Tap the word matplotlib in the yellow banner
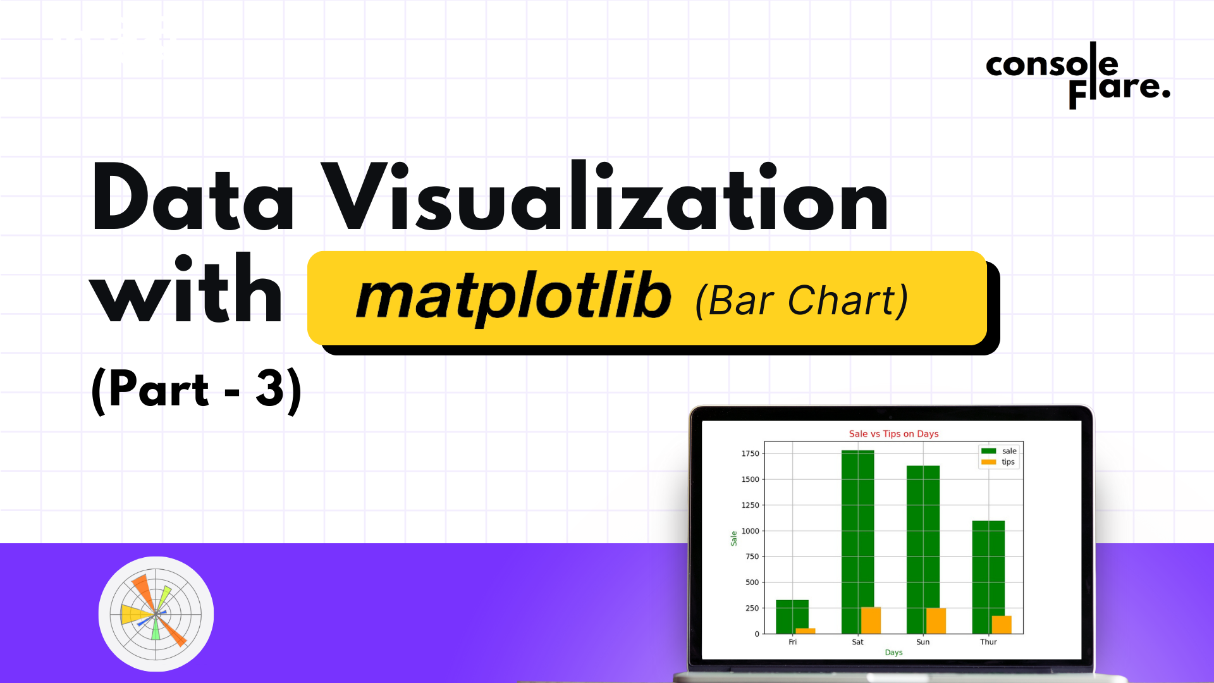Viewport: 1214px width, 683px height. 513,298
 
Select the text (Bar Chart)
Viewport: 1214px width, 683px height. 802,300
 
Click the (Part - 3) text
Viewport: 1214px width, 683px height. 197,390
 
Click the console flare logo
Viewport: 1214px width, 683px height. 1078,75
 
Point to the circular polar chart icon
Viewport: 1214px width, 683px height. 156,613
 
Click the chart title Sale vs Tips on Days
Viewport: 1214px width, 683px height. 893,434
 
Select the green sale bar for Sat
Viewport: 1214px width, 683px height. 857,542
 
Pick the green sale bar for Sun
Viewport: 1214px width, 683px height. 923,550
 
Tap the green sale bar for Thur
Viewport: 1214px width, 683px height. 988,577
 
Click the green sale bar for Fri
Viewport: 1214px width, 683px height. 792,617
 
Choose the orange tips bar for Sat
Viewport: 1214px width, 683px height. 871,620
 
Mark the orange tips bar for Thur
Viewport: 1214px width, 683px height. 1002,625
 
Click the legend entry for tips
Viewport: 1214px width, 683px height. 998,462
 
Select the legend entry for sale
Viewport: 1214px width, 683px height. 999,451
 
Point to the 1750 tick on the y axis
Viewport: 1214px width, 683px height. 751,453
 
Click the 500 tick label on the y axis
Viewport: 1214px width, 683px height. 752,582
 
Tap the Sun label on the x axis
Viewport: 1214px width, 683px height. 923,642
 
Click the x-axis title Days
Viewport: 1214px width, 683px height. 893,653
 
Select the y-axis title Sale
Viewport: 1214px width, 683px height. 733,538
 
